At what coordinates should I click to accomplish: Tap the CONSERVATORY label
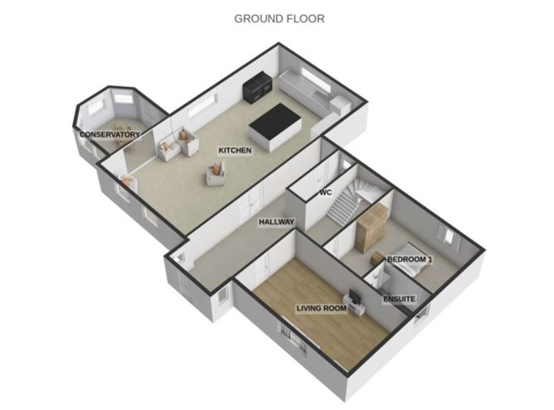pos(109,134)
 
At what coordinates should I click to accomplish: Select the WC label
pos(326,193)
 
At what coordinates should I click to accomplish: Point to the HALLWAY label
pos(276,222)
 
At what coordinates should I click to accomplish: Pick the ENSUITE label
pos(399,297)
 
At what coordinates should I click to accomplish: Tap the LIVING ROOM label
pos(321,310)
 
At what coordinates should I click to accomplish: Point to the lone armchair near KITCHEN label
pos(216,172)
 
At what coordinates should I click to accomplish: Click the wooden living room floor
pos(315,331)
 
